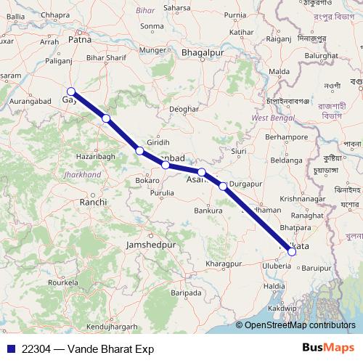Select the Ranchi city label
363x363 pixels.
[94, 203]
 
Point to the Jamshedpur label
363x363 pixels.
[151, 246]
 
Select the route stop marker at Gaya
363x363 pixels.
[70, 91]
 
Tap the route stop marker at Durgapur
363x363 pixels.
[223, 186]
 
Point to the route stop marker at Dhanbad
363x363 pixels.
[166, 165]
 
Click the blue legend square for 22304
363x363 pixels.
[11, 348]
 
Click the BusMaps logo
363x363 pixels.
[329, 348]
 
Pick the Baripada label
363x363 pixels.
[186, 293]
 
